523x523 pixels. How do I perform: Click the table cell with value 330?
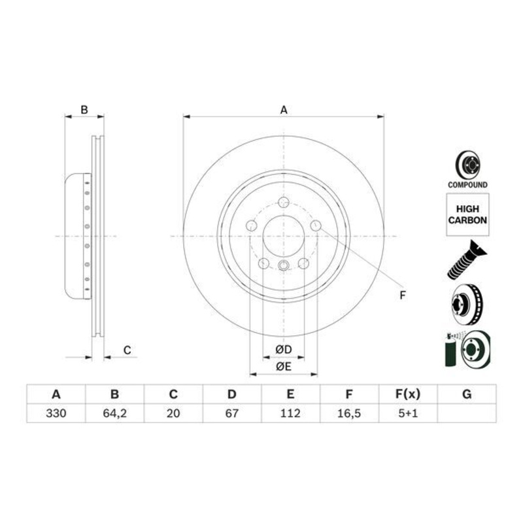(x=56, y=413)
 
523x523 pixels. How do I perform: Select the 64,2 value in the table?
(x=114, y=413)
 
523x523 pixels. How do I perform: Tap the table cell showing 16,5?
(x=349, y=413)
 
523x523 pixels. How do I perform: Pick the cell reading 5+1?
(x=407, y=413)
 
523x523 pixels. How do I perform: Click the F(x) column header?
(x=407, y=394)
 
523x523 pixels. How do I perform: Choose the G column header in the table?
(x=466, y=394)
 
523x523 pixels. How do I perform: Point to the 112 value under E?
(x=290, y=413)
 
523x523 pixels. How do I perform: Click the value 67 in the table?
(x=231, y=413)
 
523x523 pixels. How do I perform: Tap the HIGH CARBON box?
(x=467, y=214)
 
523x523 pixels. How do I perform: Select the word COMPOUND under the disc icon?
(x=467, y=185)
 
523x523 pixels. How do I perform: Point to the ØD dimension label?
(x=283, y=349)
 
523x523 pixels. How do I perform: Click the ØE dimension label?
(x=283, y=367)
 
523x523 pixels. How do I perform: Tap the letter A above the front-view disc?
(x=283, y=110)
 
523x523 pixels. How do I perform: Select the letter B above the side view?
(x=84, y=110)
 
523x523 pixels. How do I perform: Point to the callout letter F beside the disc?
(x=403, y=295)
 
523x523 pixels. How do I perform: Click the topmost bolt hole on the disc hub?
(x=283, y=202)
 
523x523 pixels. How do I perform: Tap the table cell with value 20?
(x=173, y=413)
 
